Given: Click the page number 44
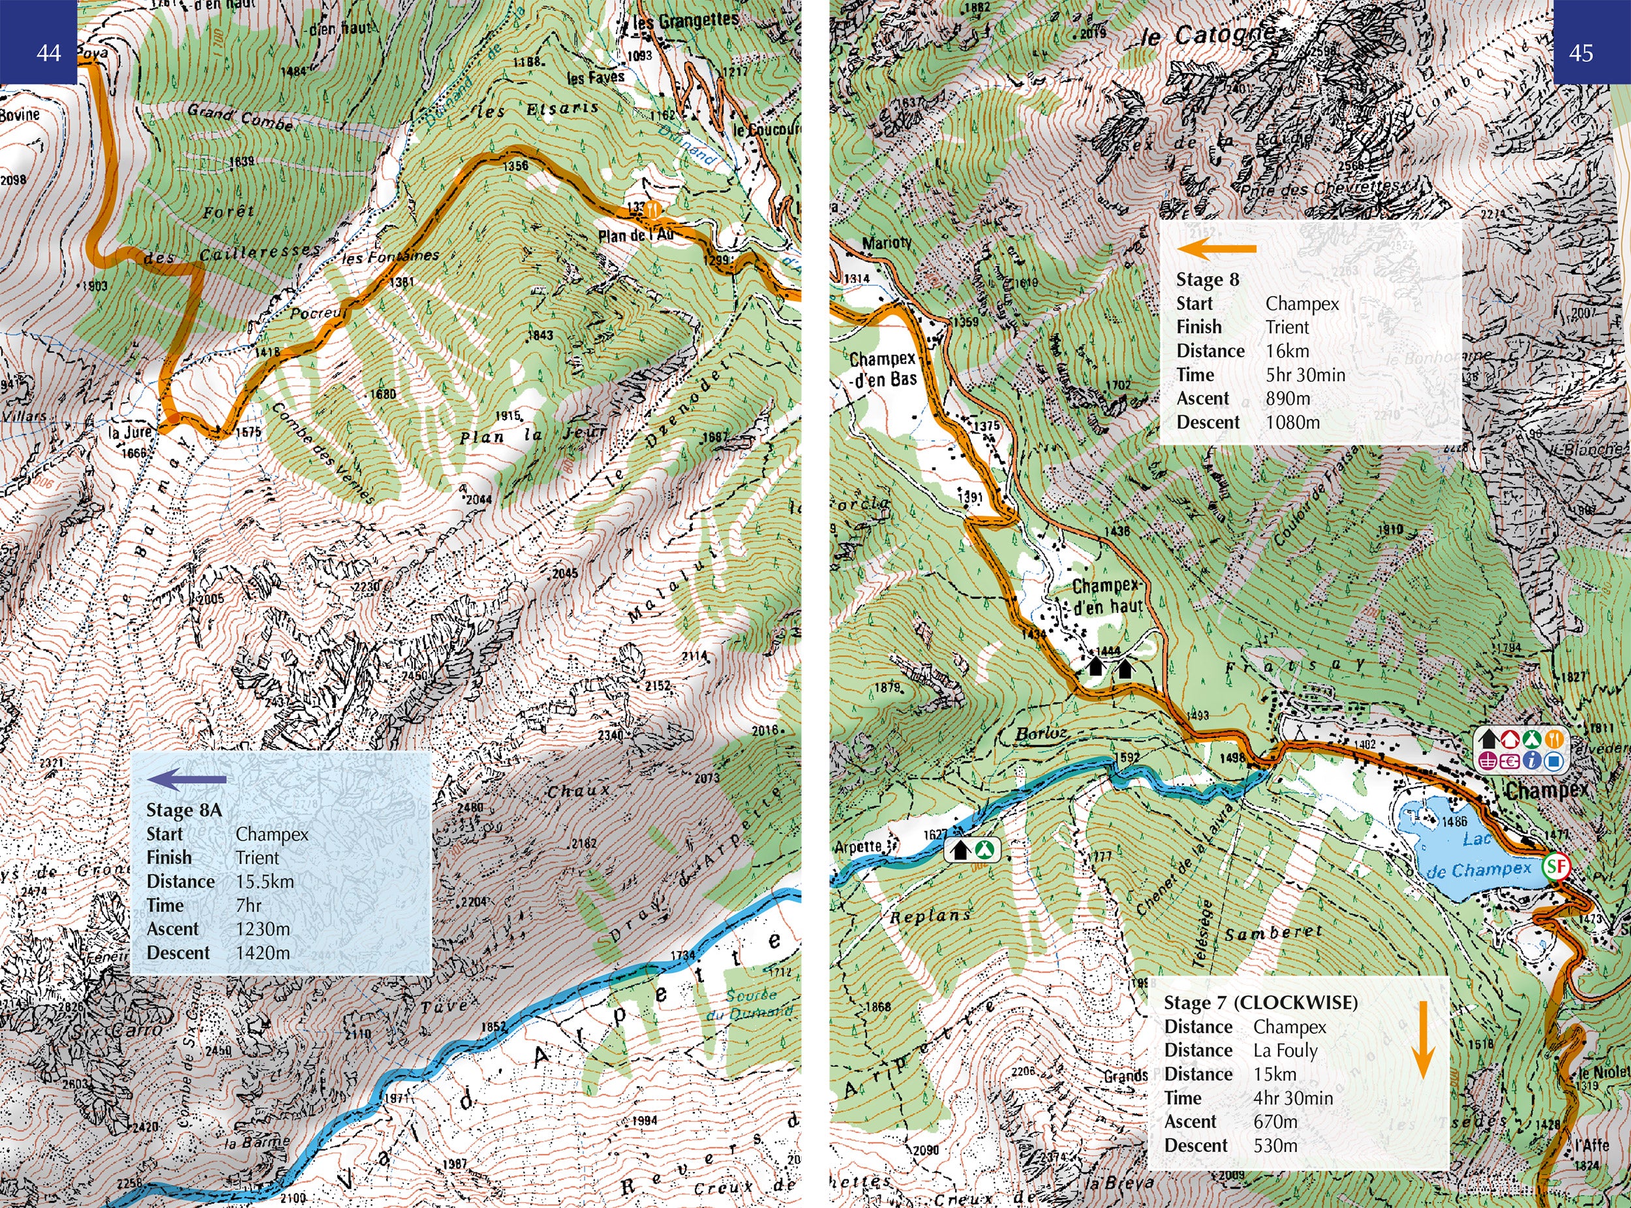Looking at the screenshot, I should click(48, 53).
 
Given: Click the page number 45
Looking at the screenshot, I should click(1581, 53).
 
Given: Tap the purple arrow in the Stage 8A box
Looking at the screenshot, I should click(187, 780).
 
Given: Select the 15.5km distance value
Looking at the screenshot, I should click(265, 882).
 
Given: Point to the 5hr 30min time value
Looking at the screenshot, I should click(1305, 375).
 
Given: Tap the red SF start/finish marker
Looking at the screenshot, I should click(1557, 867).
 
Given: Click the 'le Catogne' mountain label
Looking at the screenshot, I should click(1208, 35).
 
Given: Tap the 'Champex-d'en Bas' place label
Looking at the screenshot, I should click(883, 369).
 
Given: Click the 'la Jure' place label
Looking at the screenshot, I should click(130, 433).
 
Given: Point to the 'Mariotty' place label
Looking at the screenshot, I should click(887, 243).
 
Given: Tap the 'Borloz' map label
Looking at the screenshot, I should click(1041, 733).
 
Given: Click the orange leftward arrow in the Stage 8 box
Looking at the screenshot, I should click(1216, 248).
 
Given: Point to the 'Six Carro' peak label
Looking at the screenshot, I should click(117, 1029).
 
